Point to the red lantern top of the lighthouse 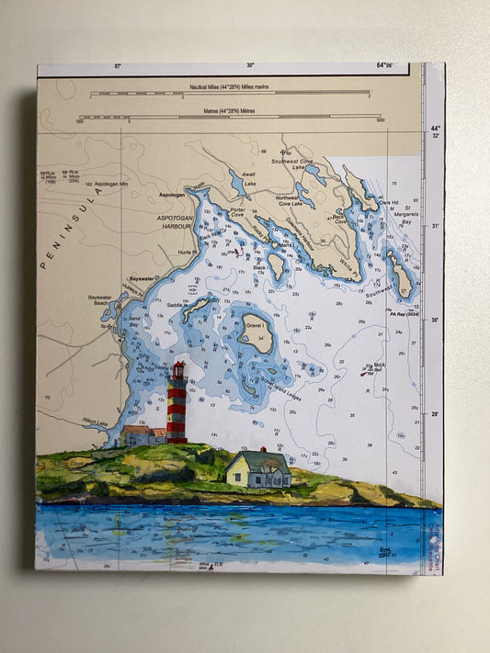178,370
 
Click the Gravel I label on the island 253,325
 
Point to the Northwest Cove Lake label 314,201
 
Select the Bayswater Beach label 99,300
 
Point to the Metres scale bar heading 229,111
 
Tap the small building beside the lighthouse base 140,435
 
